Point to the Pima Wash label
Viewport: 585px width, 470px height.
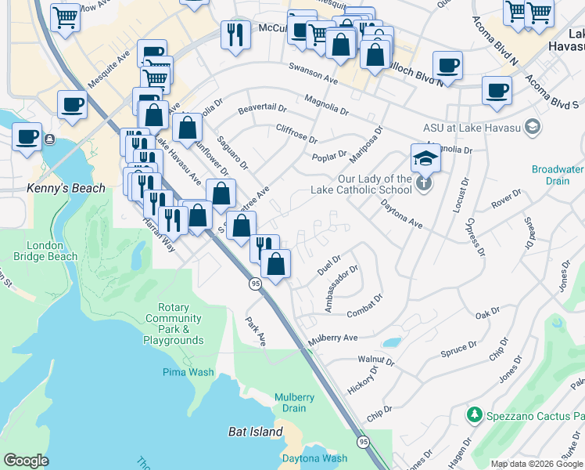(188, 372)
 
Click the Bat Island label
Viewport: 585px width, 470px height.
(255, 432)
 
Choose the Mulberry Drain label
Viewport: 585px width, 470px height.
(294, 403)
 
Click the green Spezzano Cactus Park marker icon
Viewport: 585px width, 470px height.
(472, 414)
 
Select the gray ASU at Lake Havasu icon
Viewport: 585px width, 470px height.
(533, 126)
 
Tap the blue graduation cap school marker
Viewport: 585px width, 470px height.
(425, 158)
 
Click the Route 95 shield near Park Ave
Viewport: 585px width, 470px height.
(255, 284)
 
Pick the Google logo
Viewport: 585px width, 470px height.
(26, 461)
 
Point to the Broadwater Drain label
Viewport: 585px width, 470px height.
(558, 175)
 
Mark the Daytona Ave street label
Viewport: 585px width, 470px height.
(401, 215)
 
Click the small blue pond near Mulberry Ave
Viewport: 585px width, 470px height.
(391, 342)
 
